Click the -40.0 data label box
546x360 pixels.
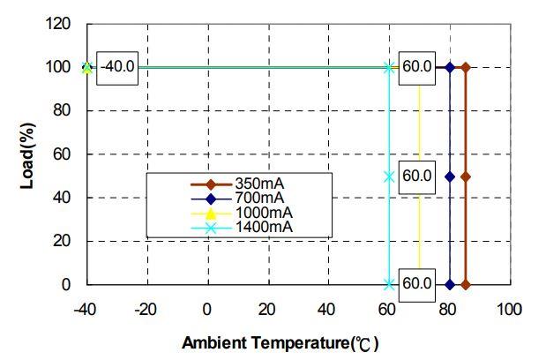116,67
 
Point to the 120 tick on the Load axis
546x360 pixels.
57,24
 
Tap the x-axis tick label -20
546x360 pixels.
146,310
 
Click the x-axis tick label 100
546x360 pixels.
510,310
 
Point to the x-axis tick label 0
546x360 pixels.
206,310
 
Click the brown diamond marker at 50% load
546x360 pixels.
465,176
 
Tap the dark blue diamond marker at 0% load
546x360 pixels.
450,285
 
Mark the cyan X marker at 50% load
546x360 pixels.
389,176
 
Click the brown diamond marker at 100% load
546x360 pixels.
465,67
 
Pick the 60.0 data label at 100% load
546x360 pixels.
416,67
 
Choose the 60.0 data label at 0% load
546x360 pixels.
416,284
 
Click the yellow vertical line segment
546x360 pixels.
419,132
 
